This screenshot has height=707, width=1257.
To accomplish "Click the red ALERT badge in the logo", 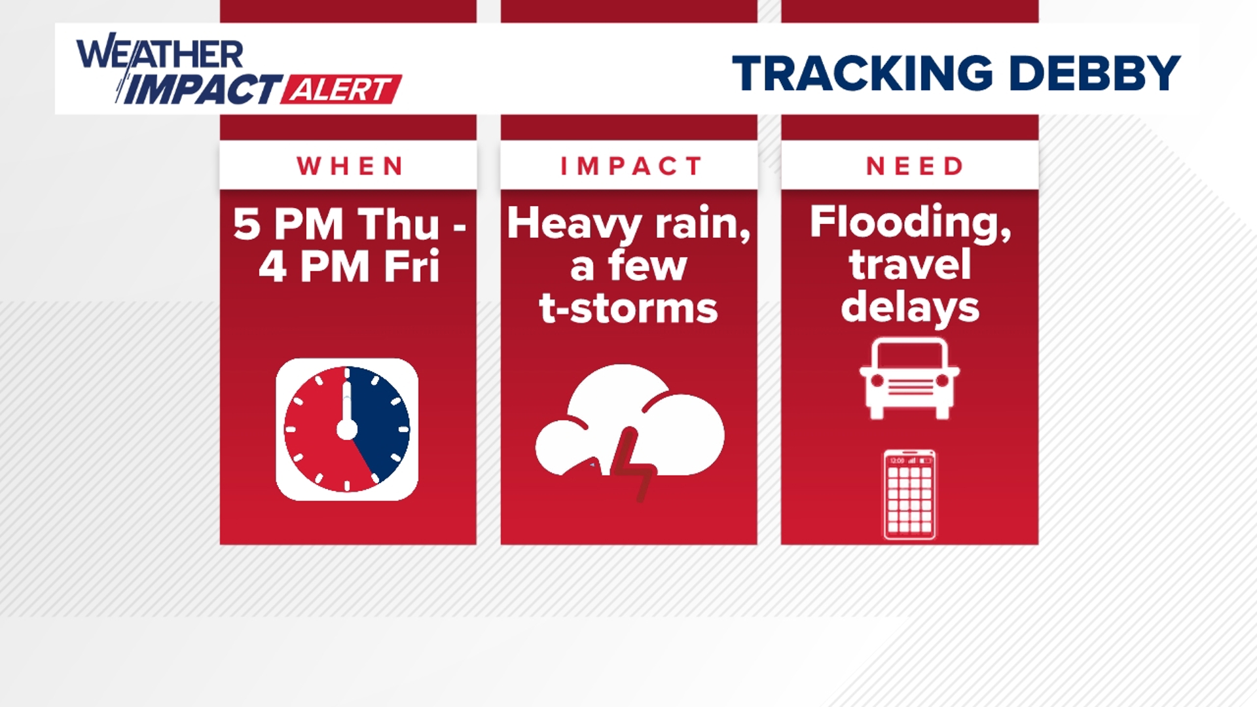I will point(341,90).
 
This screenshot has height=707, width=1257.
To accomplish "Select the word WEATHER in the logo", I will point(160,54).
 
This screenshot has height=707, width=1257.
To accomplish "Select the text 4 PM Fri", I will point(348,267).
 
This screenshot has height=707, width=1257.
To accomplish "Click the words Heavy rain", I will point(628,224).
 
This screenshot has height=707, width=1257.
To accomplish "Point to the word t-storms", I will point(628,308).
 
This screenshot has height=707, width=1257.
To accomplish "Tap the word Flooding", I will point(910,223).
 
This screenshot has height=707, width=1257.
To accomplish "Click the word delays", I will point(910,308).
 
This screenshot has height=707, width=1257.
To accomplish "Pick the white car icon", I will point(909,378).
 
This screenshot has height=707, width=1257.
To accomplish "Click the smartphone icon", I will point(909,495).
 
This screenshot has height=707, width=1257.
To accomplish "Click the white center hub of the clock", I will point(347,430).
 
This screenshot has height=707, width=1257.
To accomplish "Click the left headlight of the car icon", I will point(876,381).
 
